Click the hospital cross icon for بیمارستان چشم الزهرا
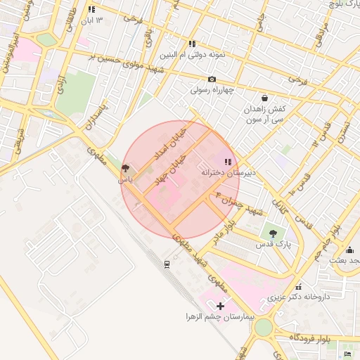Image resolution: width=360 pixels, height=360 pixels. point(221,306)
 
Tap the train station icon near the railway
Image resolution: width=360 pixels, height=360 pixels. point(167,264)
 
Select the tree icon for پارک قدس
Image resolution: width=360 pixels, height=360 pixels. point(273,233)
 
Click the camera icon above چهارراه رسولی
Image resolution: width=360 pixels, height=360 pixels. point(212,79)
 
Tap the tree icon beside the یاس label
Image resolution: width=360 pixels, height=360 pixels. point(125,169)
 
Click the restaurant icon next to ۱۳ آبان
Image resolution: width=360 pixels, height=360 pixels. point(91,10)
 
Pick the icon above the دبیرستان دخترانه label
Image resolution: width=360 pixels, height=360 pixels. point(227,162)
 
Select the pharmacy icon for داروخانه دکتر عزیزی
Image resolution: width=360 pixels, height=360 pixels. point(300,286)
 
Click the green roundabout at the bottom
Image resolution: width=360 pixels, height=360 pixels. point(263,327)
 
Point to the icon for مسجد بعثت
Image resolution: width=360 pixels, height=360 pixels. point(350,250)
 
